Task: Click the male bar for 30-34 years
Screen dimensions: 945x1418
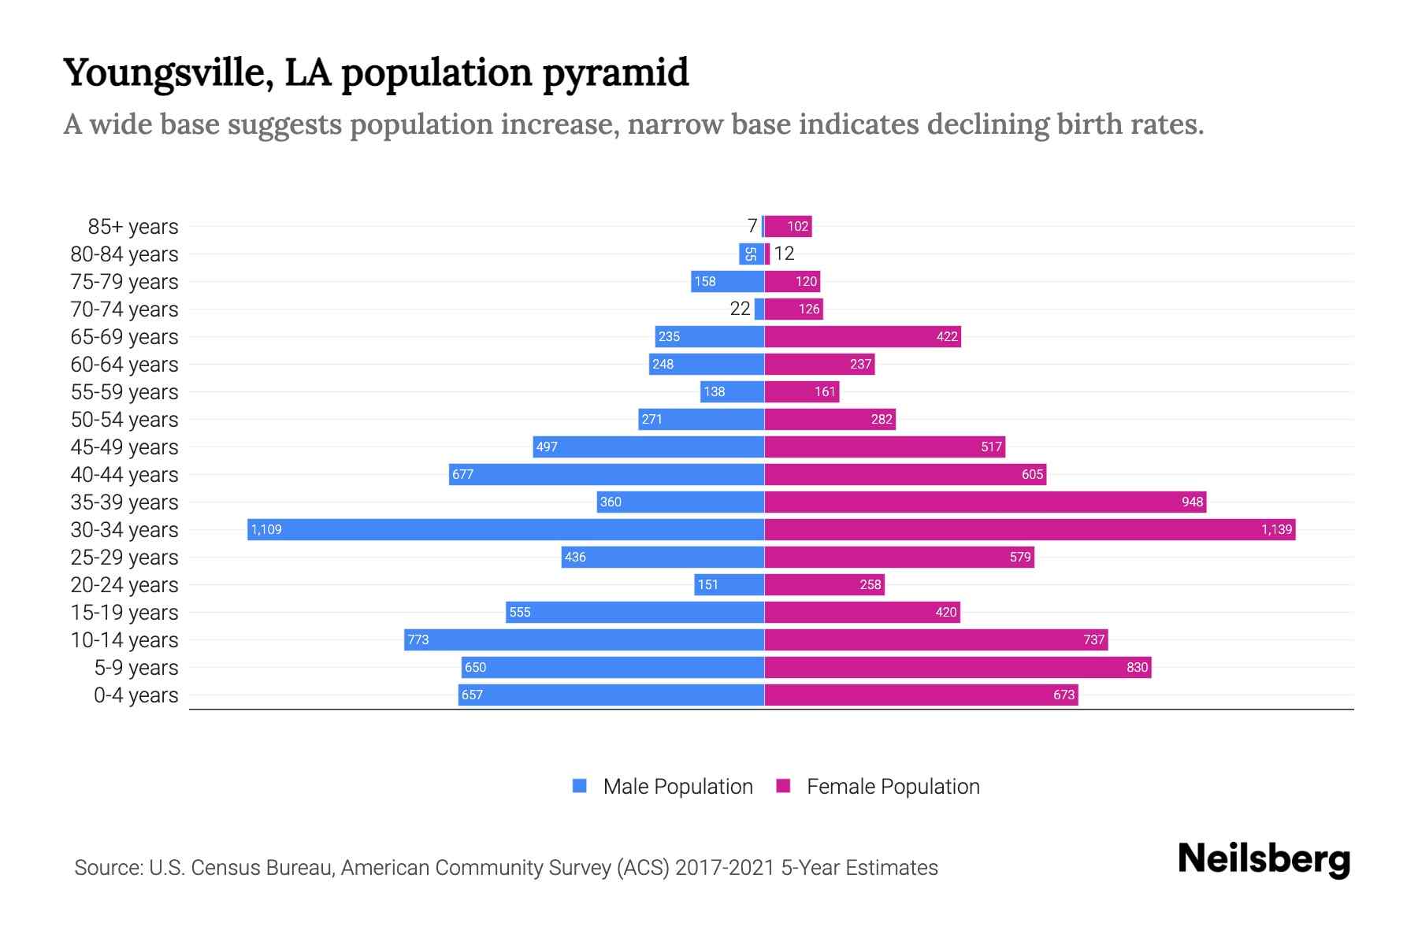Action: (506, 529)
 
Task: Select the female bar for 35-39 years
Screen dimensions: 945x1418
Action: (985, 502)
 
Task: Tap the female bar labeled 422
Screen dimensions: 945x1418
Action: (863, 336)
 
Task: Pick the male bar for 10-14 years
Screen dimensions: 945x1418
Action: (585, 639)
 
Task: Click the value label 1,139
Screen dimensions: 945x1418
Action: (1276, 529)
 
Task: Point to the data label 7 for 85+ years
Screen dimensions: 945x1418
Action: (752, 226)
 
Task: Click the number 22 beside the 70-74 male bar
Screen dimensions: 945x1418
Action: (740, 309)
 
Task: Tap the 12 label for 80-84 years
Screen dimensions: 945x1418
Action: (784, 254)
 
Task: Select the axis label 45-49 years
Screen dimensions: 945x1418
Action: (124, 447)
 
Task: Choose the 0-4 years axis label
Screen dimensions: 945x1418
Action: (135, 695)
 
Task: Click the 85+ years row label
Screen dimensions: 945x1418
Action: (132, 226)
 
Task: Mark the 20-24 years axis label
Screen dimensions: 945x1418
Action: (124, 584)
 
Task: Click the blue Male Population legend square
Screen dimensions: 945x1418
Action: (580, 786)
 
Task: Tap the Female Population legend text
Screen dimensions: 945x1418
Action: (893, 786)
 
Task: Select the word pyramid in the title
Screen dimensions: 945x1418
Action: (615, 72)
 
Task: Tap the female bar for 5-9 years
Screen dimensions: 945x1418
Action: (957, 667)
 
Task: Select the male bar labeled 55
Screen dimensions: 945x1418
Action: (751, 254)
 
